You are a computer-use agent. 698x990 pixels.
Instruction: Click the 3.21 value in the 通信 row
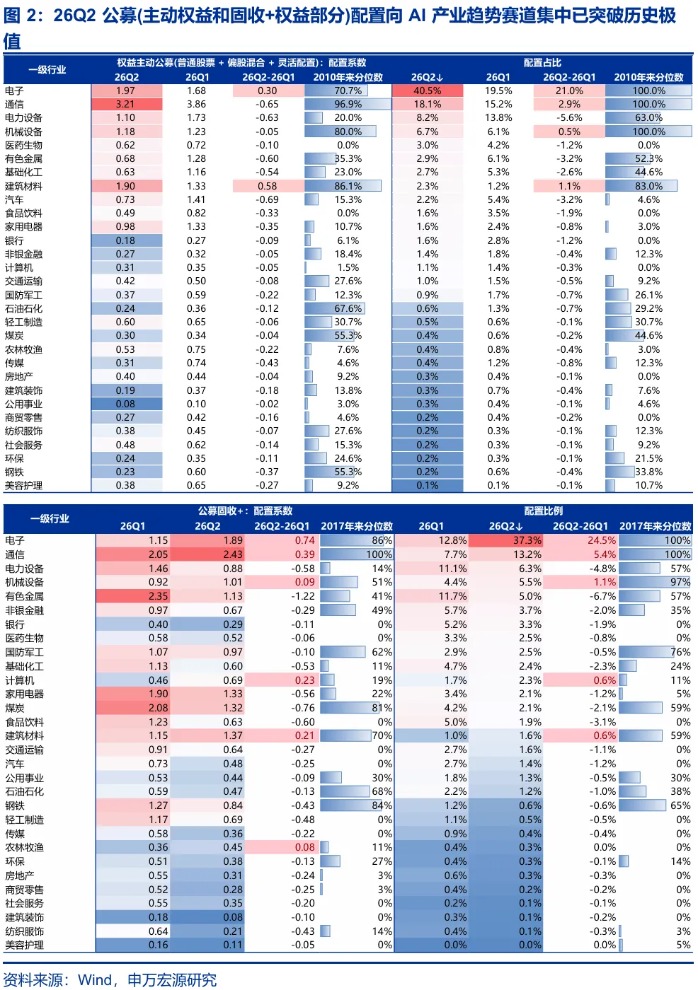coord(126,104)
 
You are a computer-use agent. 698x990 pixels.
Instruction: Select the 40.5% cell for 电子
coord(427,91)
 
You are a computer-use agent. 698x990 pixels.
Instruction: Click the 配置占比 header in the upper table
coord(542,63)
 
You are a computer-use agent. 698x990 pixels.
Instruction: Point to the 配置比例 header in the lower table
coord(543,511)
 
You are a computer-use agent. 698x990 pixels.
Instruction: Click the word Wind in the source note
coord(95,979)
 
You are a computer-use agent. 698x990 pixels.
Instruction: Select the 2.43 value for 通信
coord(233,554)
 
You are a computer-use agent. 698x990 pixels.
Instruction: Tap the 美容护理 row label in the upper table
coord(23,486)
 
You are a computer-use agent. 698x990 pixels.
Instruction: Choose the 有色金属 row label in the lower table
coord(25,596)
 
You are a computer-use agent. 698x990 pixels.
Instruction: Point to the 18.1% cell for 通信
coord(427,104)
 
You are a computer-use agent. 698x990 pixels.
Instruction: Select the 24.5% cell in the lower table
coord(601,540)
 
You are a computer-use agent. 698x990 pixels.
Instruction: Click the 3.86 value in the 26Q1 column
coord(196,104)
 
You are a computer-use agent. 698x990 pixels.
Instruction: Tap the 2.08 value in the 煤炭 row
coord(158,708)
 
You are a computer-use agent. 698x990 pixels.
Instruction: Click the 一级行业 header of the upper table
coord(47,69)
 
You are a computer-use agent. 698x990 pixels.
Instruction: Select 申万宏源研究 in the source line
coord(172,979)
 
